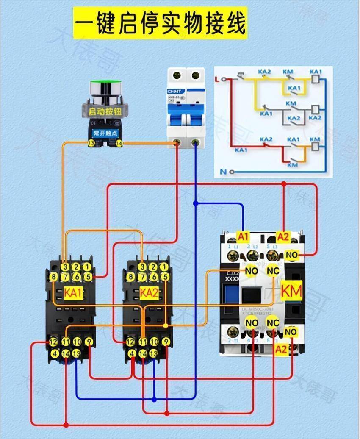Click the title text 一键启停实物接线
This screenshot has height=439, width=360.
[160, 23]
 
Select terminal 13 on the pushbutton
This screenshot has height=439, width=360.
[91, 144]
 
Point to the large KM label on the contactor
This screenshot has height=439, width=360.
[291, 292]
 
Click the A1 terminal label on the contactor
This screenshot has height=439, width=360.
[243, 236]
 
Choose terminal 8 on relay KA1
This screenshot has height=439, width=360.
[54, 277]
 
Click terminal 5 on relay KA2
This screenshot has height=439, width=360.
[165, 277]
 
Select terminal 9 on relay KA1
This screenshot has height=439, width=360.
[88, 342]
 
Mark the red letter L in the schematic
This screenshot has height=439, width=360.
[218, 79]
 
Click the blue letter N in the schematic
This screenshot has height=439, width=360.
[223, 172]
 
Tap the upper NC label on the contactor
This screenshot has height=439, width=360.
[273, 270]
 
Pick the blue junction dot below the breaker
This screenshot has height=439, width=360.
[195, 203]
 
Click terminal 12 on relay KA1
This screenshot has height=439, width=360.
[54, 342]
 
